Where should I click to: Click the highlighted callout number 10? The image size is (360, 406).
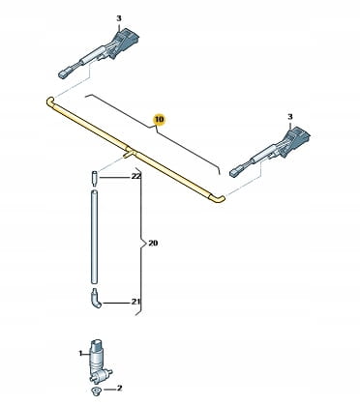[x=159, y=119]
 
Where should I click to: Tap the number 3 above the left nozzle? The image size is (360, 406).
[x=119, y=18]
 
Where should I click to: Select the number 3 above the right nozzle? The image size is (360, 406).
[x=290, y=116]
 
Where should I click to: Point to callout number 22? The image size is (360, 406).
[x=136, y=177]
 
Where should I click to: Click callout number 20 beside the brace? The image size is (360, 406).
[x=153, y=243]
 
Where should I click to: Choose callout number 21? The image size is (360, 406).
[x=136, y=302]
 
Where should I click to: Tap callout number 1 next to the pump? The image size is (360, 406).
[x=80, y=354]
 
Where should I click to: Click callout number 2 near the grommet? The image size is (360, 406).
[x=119, y=389]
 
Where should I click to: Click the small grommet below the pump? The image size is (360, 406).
[x=96, y=391]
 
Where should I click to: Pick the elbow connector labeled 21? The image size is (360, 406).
[x=96, y=299]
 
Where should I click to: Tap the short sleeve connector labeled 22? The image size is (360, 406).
[x=94, y=179]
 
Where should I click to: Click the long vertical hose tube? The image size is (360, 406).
[x=94, y=237]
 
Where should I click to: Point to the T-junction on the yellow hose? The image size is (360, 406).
[x=130, y=152]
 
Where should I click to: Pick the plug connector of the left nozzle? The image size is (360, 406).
[x=64, y=74]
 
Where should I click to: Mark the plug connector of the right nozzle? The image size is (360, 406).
[x=235, y=172]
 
